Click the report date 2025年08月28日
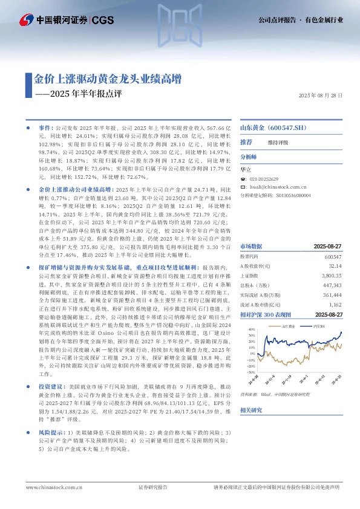click(321, 96)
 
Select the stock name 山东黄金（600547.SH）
click(273, 128)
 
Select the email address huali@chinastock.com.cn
click(275, 187)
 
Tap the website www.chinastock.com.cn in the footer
click(48, 487)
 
